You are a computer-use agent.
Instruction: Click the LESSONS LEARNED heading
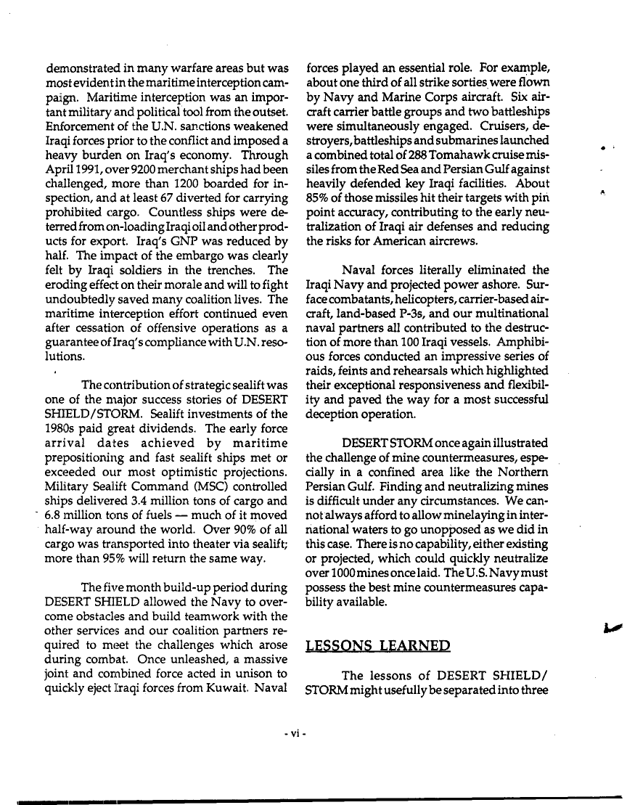pos(378,646)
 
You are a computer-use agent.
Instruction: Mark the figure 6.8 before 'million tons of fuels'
pos(58,516)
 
